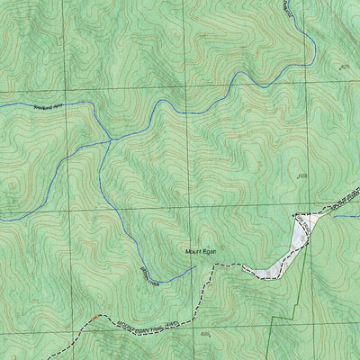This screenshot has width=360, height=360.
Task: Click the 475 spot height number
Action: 342,66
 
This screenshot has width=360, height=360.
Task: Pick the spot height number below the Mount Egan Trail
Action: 205,336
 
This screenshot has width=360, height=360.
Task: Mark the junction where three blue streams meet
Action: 110,139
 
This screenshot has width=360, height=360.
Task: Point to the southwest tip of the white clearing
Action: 256,274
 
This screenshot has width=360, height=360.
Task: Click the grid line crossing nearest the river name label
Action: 64,93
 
